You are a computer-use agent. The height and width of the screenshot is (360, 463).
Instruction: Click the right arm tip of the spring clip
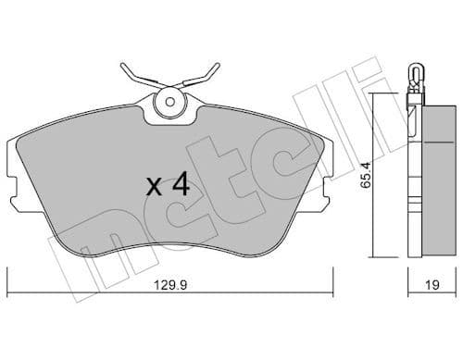[218, 67]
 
